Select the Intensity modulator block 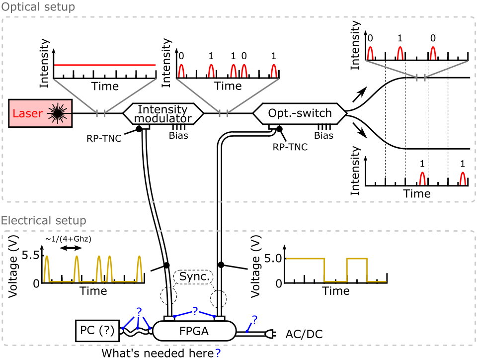pyautogui.click(x=162, y=114)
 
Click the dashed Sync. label pyautogui.click(x=194, y=276)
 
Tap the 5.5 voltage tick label pyautogui.click(x=33, y=256)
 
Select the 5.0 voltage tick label pyautogui.click(x=275, y=258)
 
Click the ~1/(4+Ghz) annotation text pyautogui.click(x=69, y=239)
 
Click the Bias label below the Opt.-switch pyautogui.click(x=324, y=135)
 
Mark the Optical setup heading pyautogui.click(x=38, y=7)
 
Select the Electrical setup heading pyautogui.click(x=44, y=220)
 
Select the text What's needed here pyautogui.click(x=158, y=353)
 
